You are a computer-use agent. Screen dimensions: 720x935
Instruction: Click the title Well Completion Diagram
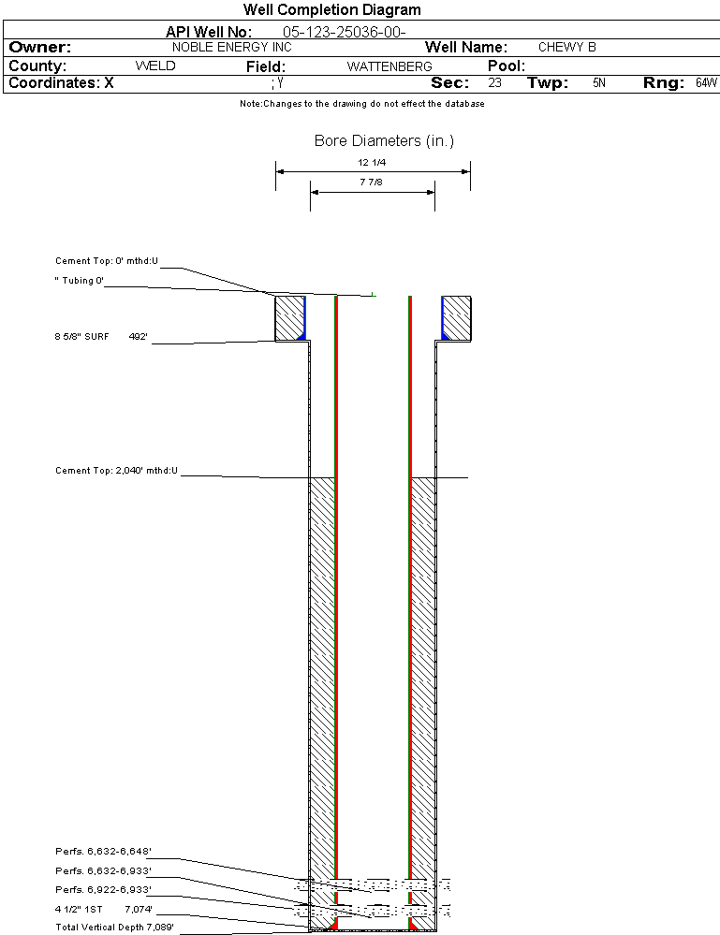click(x=332, y=10)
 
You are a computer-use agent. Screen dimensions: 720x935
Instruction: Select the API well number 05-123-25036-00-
click(x=345, y=32)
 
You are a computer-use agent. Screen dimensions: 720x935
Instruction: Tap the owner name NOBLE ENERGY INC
click(x=232, y=47)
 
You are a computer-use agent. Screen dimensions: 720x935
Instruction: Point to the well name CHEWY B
click(x=566, y=47)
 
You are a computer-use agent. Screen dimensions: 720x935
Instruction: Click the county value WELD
click(x=155, y=66)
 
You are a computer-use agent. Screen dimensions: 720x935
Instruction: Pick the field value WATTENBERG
click(x=389, y=66)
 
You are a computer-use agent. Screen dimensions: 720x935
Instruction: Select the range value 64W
click(x=706, y=83)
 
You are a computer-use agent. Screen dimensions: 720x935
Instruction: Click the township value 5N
click(x=599, y=83)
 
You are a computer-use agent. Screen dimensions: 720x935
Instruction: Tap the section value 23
click(x=494, y=83)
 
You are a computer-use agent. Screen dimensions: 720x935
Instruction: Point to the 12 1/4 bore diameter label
click(x=372, y=162)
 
